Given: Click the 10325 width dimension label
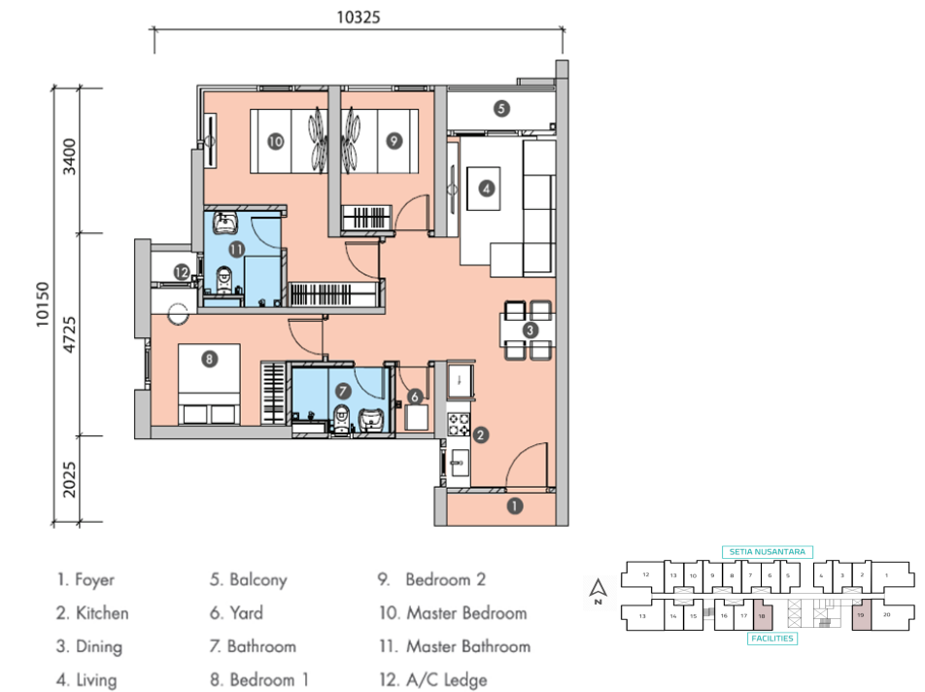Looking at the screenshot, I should pos(357,17).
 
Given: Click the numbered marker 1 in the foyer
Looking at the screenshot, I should pos(515,505).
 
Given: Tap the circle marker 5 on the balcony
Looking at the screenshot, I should pos(501,109).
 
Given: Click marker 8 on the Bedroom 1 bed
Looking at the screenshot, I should pos(210,359).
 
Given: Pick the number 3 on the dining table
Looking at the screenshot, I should pos(530,330).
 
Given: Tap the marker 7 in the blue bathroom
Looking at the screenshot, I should pos(342,391).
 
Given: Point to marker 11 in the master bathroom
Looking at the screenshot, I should pos(236,249).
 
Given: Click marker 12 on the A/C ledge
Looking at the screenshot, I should pos(181,273).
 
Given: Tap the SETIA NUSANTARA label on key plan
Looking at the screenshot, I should pos(766,551).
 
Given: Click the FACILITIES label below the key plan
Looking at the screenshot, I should pos(772,639).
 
